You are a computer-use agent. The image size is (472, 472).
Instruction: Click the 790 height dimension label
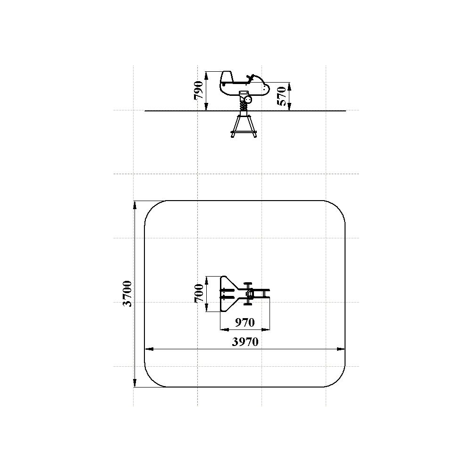[199, 90]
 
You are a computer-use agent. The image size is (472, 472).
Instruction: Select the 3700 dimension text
[127, 294]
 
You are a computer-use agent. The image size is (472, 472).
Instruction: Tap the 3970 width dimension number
[245, 342]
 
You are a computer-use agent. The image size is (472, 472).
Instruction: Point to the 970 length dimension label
[244, 322]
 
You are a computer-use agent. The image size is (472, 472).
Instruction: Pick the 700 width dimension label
[199, 293]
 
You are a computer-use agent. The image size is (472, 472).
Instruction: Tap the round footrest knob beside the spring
[248, 99]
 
